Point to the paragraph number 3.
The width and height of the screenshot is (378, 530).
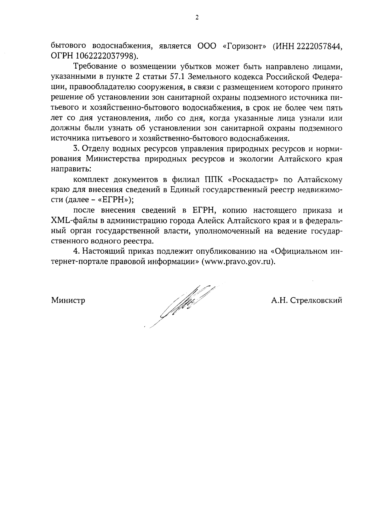pyautogui.click(x=76, y=149)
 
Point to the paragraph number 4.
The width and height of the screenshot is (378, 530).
pyautogui.click(x=76, y=251)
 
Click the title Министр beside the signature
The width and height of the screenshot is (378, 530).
pyautogui.click(x=68, y=301)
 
